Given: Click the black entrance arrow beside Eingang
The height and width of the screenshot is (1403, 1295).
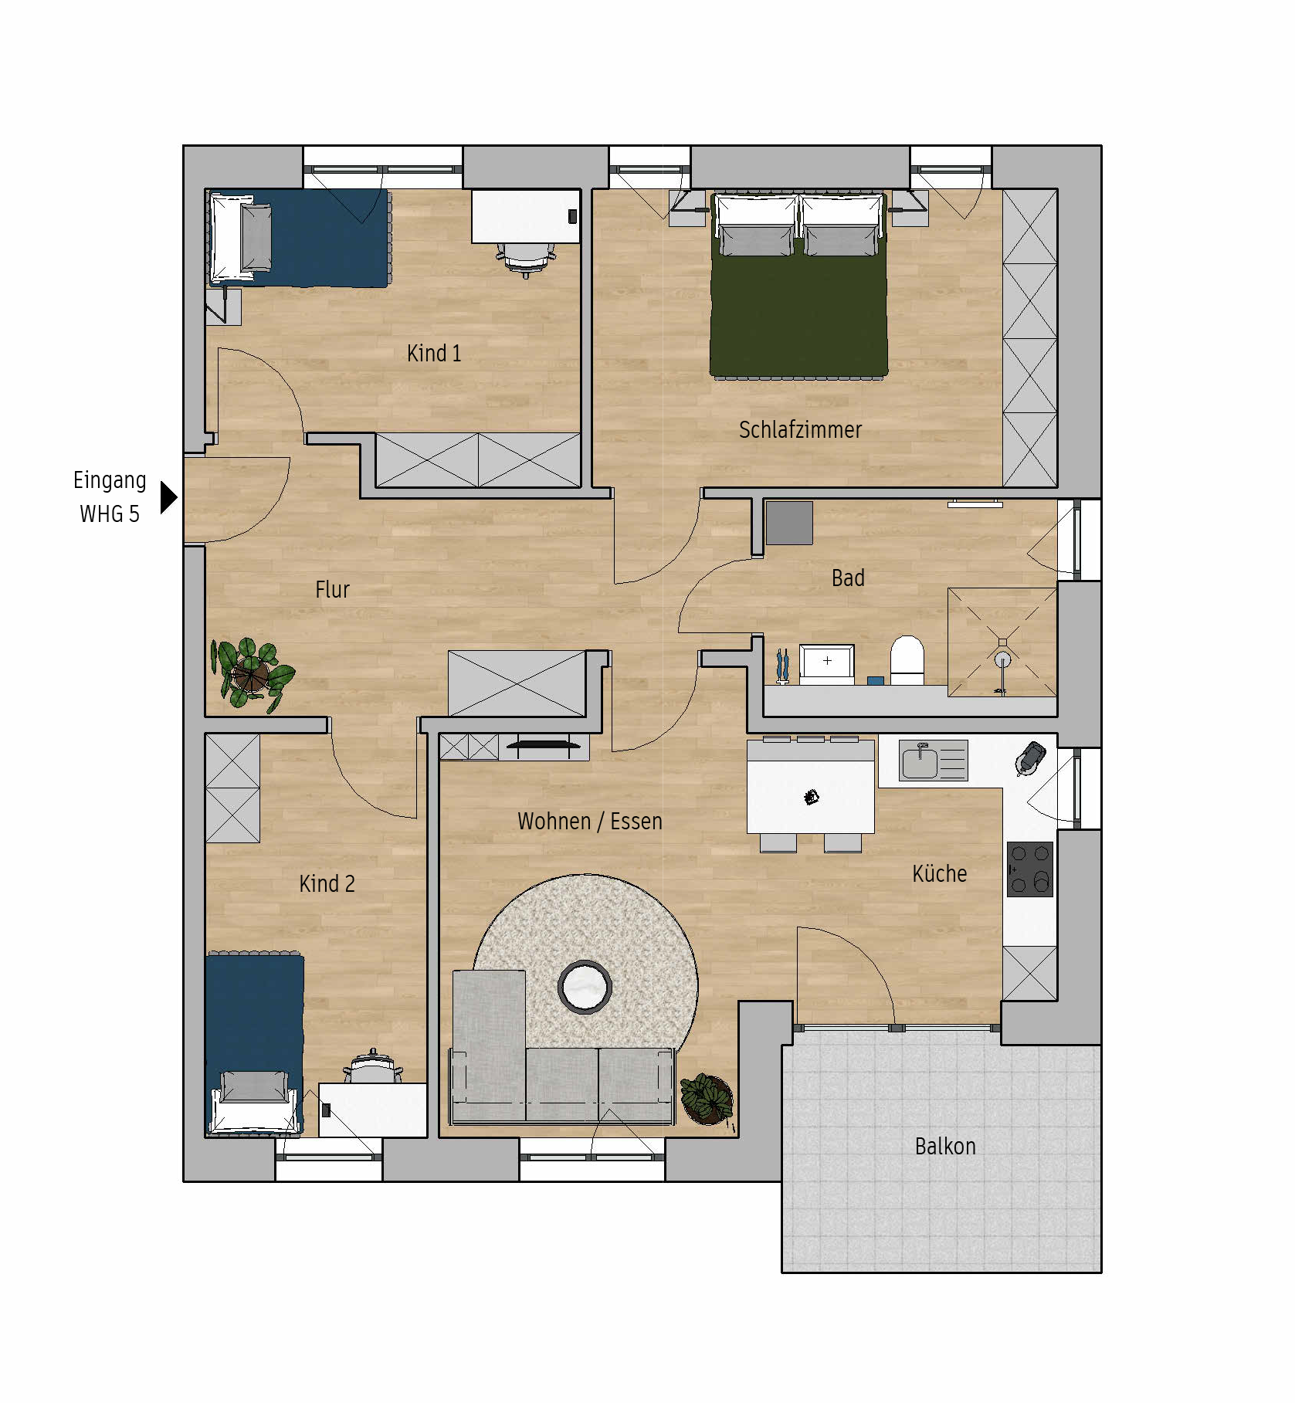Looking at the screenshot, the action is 168,497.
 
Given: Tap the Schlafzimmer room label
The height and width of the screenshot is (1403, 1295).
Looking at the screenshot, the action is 800,429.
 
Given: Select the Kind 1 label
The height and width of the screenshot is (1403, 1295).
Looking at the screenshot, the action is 434,353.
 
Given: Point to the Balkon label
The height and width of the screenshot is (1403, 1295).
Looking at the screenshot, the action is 945,1146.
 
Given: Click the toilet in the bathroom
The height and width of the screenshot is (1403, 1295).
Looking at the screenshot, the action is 907,659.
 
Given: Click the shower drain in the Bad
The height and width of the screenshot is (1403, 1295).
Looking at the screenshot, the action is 1002,659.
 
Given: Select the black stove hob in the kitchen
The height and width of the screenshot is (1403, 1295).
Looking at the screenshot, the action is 1030,869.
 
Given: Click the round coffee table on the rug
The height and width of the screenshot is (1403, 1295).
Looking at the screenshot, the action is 585,987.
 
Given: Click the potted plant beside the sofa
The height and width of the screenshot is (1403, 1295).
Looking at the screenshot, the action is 706,1098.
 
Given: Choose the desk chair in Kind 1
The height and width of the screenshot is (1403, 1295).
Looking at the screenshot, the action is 526,258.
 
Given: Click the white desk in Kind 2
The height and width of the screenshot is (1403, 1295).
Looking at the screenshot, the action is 373,1110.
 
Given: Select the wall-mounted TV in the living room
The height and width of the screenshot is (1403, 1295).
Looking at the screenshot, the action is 544,745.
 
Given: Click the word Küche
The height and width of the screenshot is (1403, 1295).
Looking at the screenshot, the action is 940,873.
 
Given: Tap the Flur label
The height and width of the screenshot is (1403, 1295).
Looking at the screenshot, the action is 333,589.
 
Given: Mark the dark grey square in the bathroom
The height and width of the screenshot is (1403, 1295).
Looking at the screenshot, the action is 789,523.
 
